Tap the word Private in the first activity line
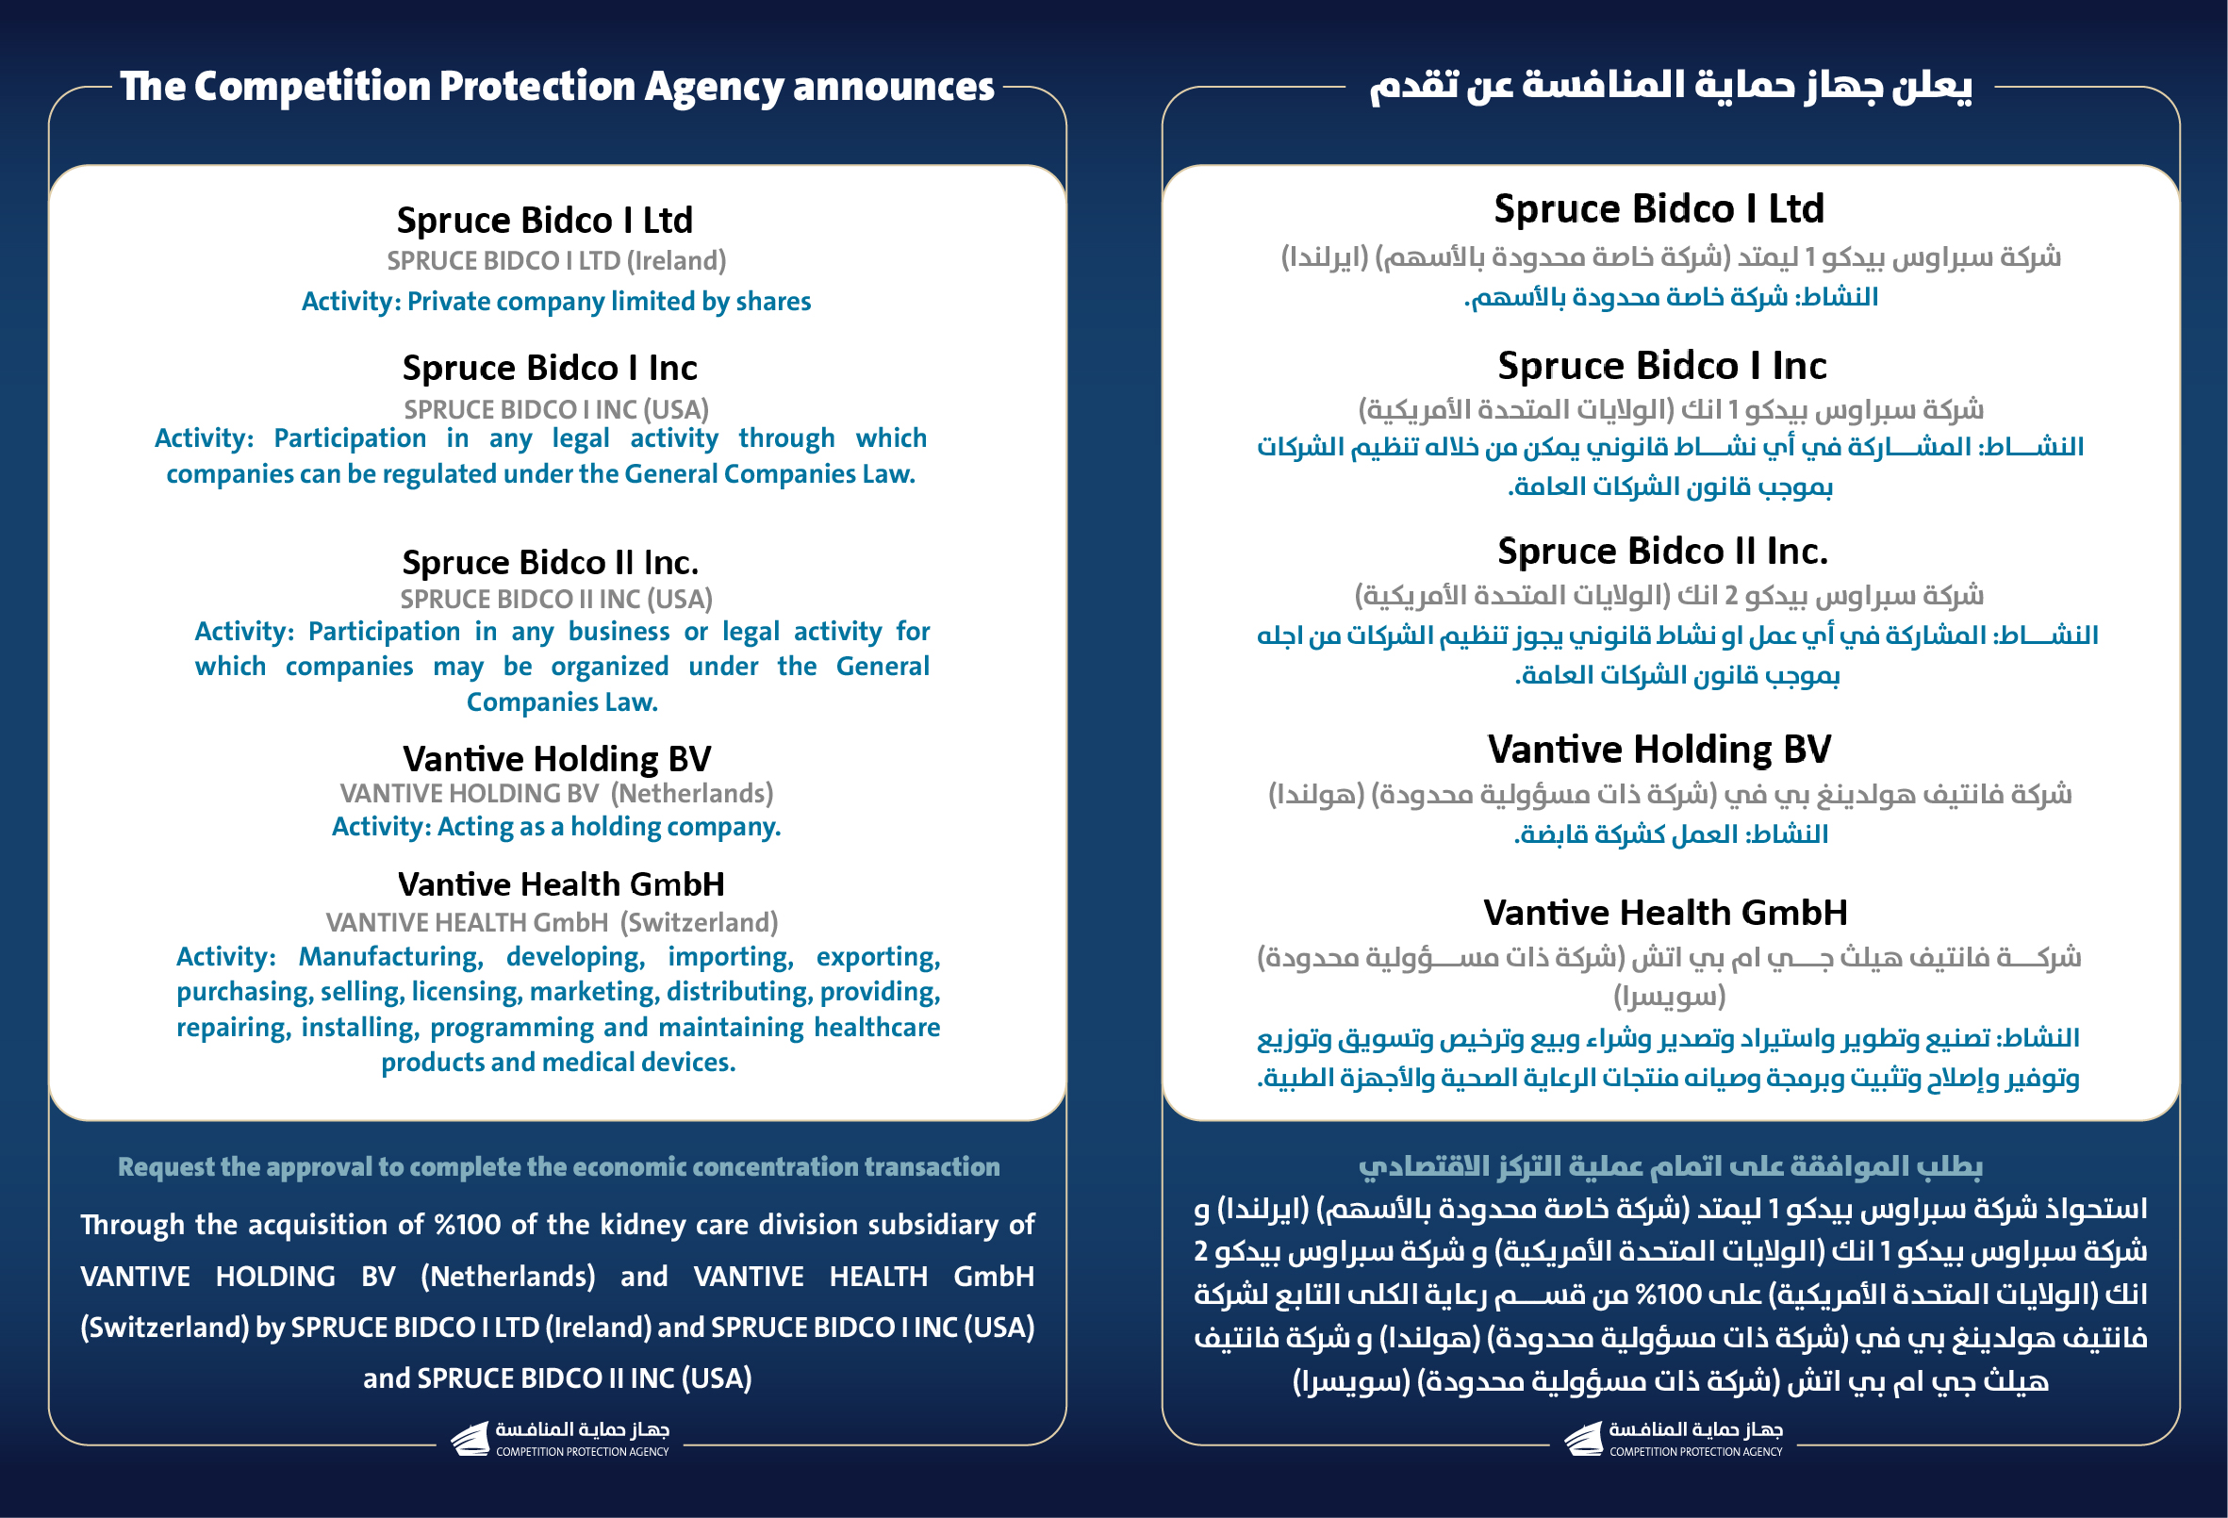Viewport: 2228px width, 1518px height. (x=451, y=302)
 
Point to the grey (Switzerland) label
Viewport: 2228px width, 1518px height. (x=699, y=922)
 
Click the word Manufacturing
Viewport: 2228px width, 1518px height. (x=390, y=957)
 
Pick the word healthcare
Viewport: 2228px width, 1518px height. (x=876, y=1028)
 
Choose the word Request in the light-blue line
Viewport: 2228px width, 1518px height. (x=166, y=1167)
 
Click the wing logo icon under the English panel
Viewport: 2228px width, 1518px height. (x=470, y=1440)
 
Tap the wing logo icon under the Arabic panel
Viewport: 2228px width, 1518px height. (x=1584, y=1440)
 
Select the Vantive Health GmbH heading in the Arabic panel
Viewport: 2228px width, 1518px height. (x=1665, y=913)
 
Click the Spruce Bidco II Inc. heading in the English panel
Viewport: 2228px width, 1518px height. (x=551, y=562)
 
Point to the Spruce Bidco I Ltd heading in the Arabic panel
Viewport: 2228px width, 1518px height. (x=1659, y=209)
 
